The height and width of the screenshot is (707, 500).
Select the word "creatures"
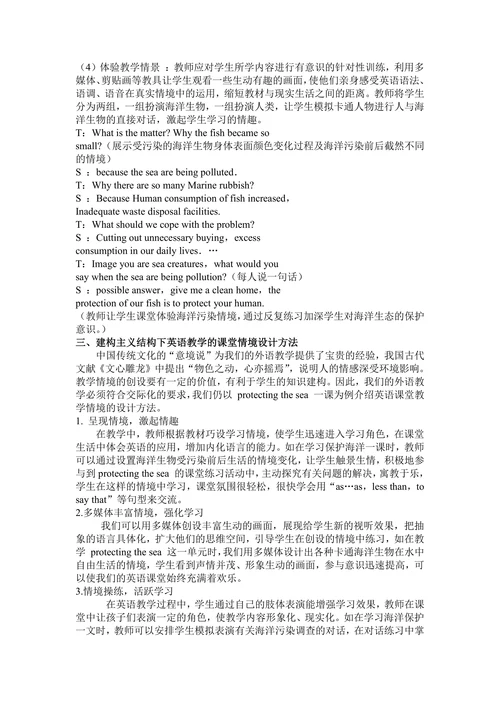pos(196,264)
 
